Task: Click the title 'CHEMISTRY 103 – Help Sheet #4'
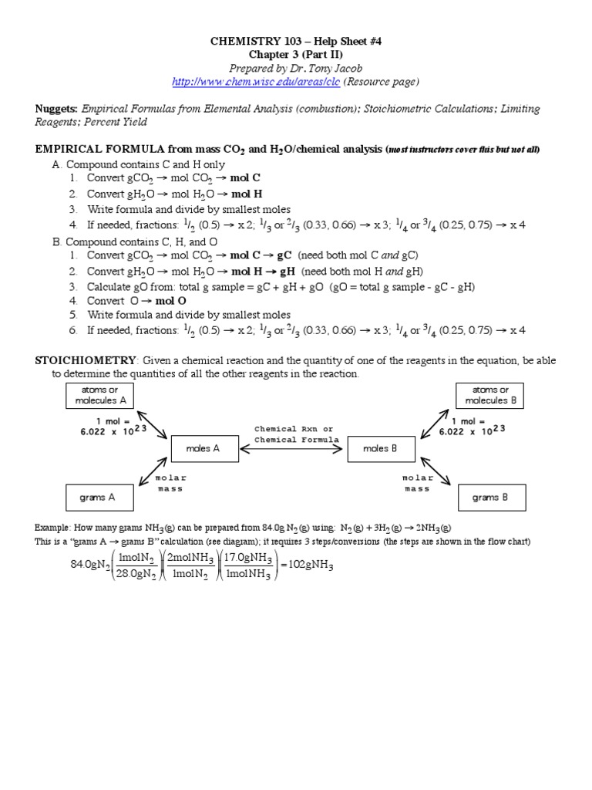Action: click(295, 42)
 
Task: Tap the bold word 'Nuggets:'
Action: click(57, 109)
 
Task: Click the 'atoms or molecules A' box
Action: click(100, 396)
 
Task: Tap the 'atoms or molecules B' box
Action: click(491, 396)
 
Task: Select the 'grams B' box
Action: click(491, 498)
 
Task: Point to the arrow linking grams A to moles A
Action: click(151, 472)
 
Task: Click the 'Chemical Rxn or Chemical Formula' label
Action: click(296, 434)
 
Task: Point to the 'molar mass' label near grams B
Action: click(417, 483)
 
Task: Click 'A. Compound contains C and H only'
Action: click(133, 164)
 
